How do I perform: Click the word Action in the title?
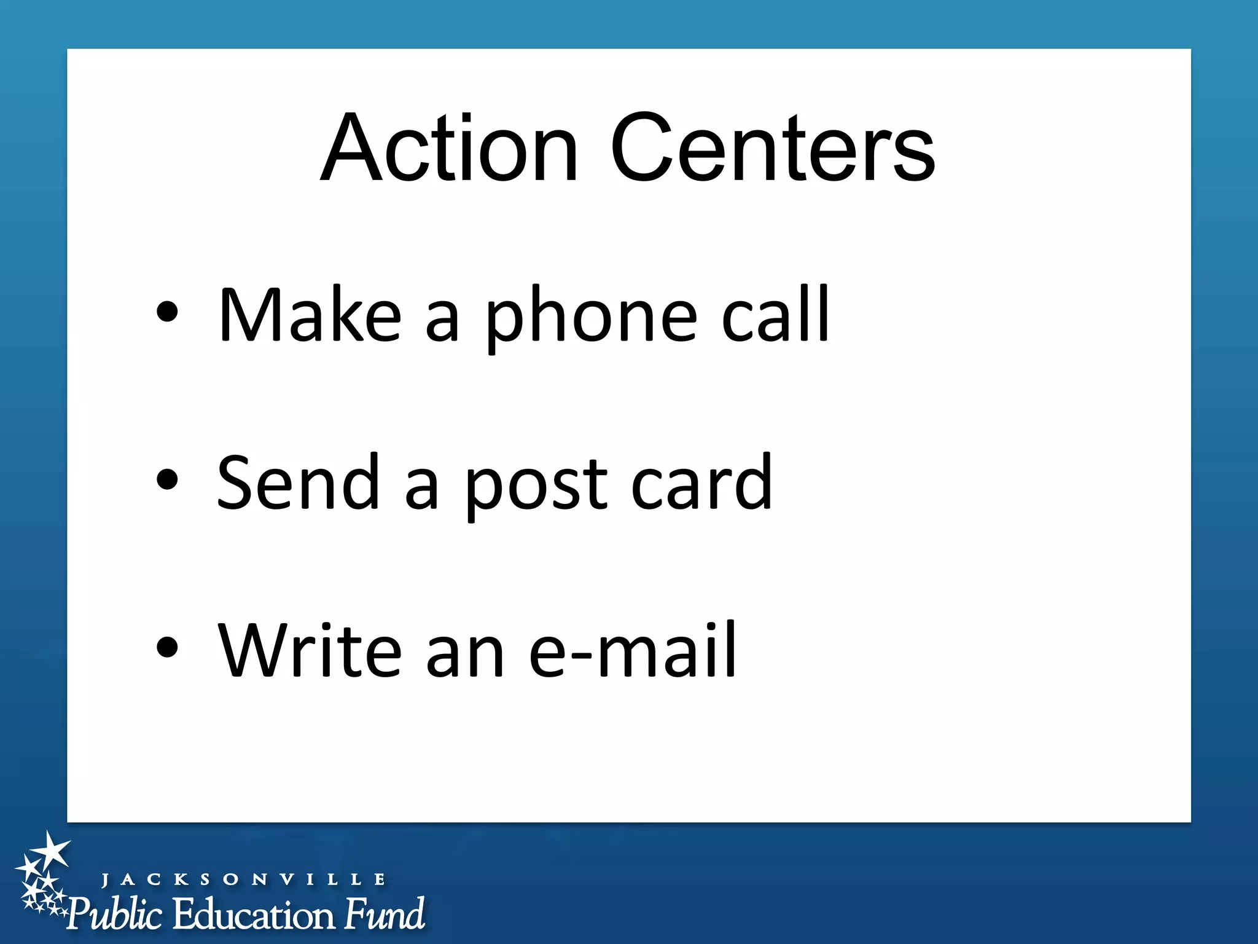[449, 149]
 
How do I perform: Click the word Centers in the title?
[772, 149]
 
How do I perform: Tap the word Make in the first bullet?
[310, 316]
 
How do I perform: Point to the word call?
[775, 315]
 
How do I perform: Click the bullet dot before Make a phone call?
[167, 312]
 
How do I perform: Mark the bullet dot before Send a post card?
[167, 479]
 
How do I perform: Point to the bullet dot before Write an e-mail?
[167, 647]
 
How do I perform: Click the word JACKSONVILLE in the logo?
[243, 879]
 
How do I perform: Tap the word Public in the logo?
[115, 914]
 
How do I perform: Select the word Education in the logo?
[253, 914]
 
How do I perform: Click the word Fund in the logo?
[385, 913]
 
